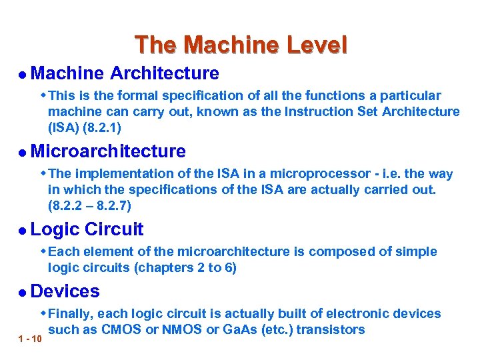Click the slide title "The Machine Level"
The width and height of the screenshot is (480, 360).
click(241, 45)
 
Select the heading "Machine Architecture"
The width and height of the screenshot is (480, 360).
click(125, 73)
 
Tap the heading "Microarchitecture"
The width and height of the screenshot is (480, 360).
click(108, 151)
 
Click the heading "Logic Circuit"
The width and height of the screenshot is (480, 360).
click(87, 229)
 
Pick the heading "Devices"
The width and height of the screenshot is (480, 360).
click(65, 291)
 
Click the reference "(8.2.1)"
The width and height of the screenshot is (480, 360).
click(99, 126)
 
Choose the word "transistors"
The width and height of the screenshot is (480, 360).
click(330, 329)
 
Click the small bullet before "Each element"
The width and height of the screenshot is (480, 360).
click(43, 251)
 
